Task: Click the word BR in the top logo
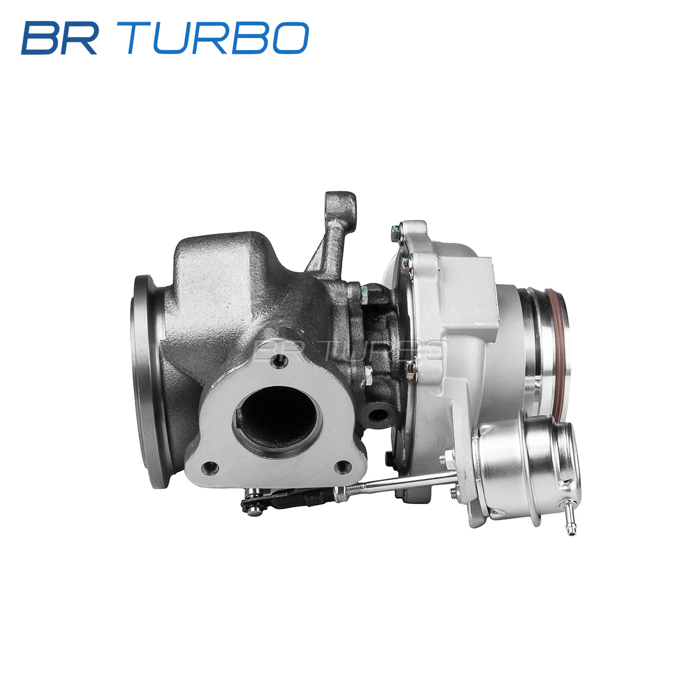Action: [x=60, y=38]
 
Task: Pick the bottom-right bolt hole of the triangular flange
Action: [x=343, y=467]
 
